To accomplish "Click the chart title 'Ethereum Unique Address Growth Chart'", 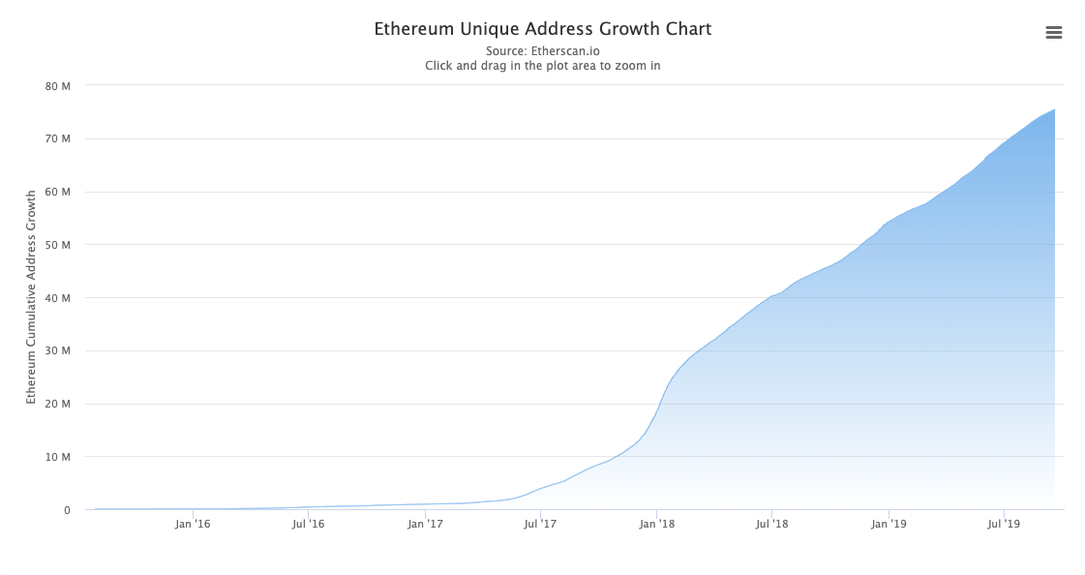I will [542, 29].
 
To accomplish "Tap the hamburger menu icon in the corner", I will [1054, 33].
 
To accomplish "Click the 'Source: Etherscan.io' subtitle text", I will [542, 50].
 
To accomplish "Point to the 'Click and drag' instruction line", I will [542, 66].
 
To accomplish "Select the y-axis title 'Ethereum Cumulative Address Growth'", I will [31, 296].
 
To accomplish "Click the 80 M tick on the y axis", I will [58, 86].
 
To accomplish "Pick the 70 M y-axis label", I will [58, 139].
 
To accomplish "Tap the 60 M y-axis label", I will [58, 192].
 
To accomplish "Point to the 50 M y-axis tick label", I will [58, 245].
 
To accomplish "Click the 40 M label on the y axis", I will [58, 298].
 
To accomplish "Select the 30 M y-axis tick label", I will [58, 351].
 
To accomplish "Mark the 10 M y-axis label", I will [58, 457].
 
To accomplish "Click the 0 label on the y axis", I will [67, 510].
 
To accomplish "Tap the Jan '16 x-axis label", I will [193, 524].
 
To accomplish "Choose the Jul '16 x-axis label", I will [308, 524].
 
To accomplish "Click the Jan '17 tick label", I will [425, 524].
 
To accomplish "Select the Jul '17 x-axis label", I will [540, 524].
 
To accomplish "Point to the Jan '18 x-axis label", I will [657, 524].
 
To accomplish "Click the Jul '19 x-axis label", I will [1004, 524].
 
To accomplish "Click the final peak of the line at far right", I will [1054, 110].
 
